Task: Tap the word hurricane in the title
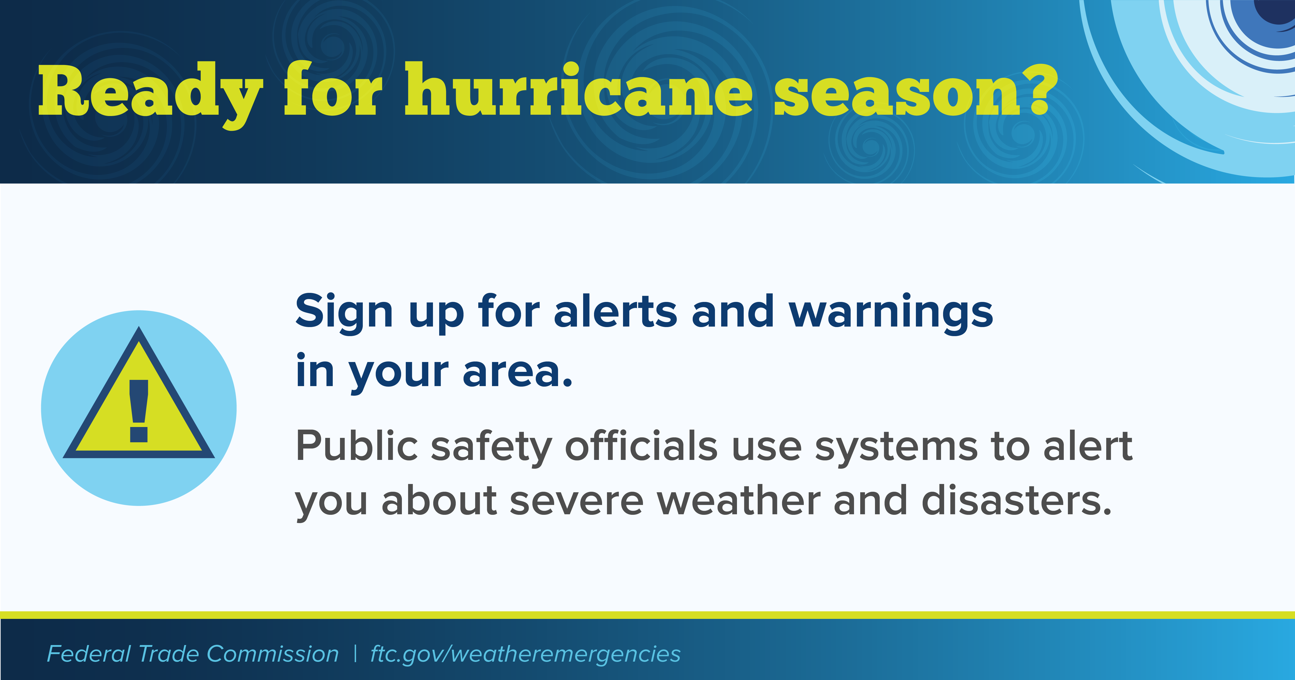(579, 89)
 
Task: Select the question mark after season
(1037, 89)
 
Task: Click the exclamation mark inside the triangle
(139, 411)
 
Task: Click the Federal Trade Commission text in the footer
(193, 654)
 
